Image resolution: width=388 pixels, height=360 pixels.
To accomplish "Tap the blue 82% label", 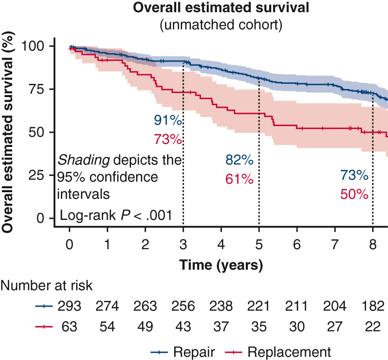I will click(x=239, y=161).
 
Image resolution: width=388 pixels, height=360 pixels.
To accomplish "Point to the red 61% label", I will click(x=239, y=179).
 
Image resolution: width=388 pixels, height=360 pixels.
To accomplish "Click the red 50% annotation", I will click(x=354, y=194).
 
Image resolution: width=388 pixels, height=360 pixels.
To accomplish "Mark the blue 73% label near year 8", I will click(x=354, y=176).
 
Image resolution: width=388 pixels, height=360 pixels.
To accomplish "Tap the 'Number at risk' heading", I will click(x=46, y=286).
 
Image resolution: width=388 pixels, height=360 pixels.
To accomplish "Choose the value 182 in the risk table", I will click(x=373, y=307).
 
